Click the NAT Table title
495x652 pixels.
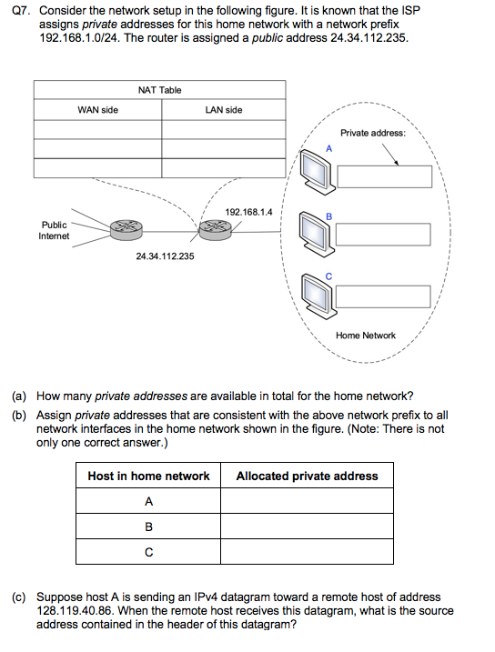click(x=159, y=90)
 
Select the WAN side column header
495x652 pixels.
click(x=97, y=110)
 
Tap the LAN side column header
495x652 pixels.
click(x=224, y=110)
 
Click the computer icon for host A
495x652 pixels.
click(x=317, y=172)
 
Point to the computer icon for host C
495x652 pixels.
click(x=317, y=293)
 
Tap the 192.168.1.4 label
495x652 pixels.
click(x=248, y=213)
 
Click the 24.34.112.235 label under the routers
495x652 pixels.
click(x=165, y=256)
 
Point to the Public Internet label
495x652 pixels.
click(x=54, y=230)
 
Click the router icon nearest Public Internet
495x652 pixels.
click(x=126, y=229)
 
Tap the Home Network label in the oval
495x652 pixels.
click(x=366, y=336)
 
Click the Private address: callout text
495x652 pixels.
click(x=373, y=133)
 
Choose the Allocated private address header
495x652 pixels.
click(x=307, y=476)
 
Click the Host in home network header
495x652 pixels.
click(x=148, y=476)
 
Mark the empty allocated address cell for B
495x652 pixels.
click(x=308, y=527)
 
